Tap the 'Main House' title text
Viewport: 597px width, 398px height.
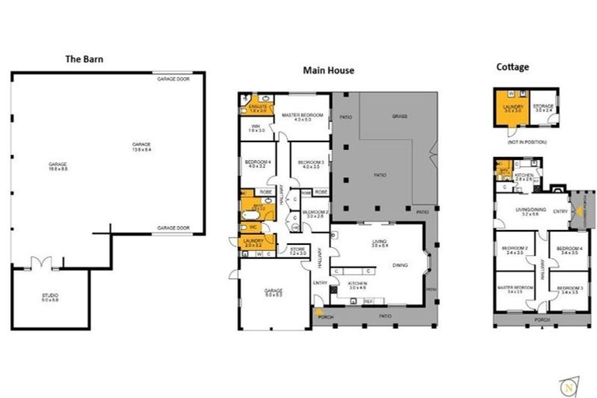(x=328, y=70)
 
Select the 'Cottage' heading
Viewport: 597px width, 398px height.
(x=512, y=67)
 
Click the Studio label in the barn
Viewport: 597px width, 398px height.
(x=50, y=297)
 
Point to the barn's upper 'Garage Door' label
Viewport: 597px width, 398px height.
(x=173, y=79)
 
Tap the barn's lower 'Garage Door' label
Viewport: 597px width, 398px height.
(x=173, y=228)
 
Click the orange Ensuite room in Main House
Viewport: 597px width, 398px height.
(x=257, y=108)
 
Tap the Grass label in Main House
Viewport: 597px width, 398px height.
(x=400, y=116)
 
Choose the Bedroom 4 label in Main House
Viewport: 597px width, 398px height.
(x=256, y=162)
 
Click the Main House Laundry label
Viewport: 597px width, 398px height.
(x=253, y=243)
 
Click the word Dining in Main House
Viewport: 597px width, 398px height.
(x=400, y=265)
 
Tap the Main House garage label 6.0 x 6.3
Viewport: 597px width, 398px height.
(x=274, y=292)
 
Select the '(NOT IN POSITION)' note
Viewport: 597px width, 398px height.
(x=528, y=142)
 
